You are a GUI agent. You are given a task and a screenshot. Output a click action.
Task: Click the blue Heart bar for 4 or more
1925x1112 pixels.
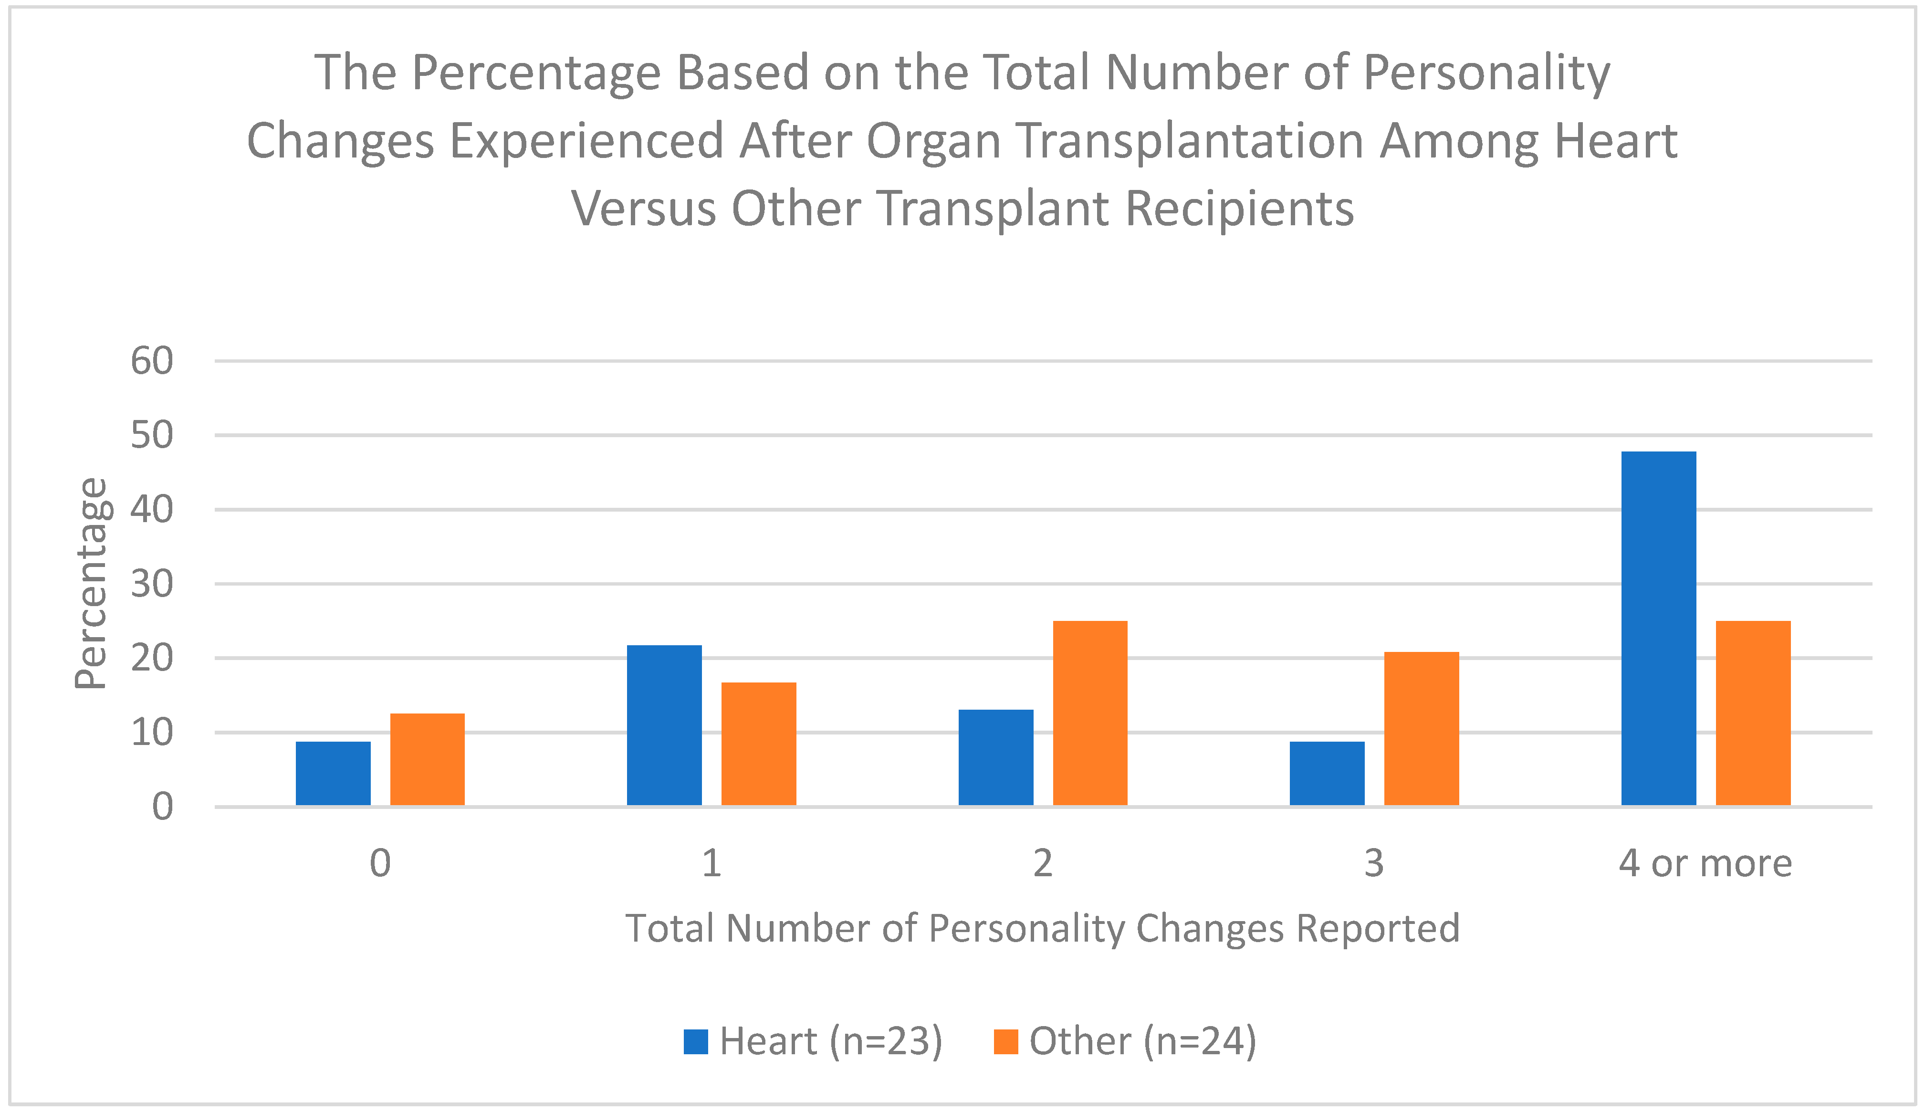(x=1659, y=628)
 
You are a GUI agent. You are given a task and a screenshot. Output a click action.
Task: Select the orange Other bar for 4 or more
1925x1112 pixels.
(x=1753, y=713)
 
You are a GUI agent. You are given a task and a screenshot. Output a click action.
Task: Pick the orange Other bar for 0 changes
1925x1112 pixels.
(x=427, y=759)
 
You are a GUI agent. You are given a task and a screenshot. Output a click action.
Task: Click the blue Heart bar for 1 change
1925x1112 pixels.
(x=664, y=725)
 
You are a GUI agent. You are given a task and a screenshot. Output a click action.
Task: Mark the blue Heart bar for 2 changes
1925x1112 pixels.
(x=996, y=757)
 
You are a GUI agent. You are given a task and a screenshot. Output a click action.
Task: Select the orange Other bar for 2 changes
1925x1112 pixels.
(x=1089, y=713)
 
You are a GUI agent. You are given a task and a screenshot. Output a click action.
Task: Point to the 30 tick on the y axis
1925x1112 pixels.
(x=152, y=584)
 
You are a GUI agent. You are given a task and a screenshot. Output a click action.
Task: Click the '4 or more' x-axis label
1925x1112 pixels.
(x=1705, y=864)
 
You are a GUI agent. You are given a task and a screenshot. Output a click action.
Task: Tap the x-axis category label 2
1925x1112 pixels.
(x=1042, y=864)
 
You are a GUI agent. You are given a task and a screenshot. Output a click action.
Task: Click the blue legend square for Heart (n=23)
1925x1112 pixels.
(x=696, y=1042)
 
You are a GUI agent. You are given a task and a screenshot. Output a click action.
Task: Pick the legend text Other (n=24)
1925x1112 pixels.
(x=1142, y=1042)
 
